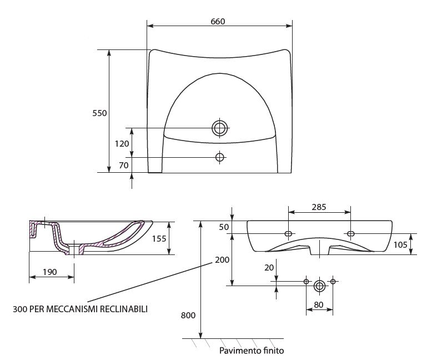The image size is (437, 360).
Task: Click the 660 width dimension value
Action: point(218,21)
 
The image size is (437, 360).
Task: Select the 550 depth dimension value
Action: point(99,113)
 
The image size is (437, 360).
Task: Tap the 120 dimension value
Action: point(122,143)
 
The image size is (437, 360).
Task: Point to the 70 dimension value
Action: point(123,165)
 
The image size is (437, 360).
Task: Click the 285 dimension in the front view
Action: point(318,206)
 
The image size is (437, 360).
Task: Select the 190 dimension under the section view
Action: point(51,272)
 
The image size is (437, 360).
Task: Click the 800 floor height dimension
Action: point(188,316)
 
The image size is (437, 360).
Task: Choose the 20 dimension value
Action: point(269,267)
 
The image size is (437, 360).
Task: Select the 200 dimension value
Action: point(223,260)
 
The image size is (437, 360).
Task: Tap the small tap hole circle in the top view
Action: point(220,157)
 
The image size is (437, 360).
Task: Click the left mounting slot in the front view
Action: point(289,233)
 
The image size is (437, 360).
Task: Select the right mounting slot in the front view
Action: point(350,233)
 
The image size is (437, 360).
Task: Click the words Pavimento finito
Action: point(252,351)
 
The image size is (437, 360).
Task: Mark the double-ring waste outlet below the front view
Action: point(319,286)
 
